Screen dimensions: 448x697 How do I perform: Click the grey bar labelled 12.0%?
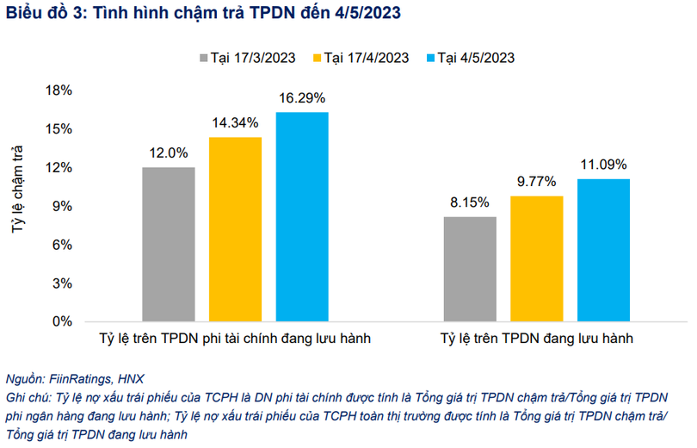169,244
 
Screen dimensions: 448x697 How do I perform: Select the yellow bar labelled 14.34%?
235,229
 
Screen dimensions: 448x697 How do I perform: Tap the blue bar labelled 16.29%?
302,216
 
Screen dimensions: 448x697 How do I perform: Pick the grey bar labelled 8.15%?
470,269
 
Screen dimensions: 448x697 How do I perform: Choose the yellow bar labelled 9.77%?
537,258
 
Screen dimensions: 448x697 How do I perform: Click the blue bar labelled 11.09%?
603,250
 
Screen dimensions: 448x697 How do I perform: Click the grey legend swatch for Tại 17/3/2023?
204,58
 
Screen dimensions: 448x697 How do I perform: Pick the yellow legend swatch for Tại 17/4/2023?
317,58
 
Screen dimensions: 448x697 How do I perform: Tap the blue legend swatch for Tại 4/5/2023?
429,58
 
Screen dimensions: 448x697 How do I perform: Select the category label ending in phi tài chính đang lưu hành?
235,339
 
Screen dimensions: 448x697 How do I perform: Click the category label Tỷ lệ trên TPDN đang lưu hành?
537,339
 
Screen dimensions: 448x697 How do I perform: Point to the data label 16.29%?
302,98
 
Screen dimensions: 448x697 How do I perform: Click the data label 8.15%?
470,202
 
